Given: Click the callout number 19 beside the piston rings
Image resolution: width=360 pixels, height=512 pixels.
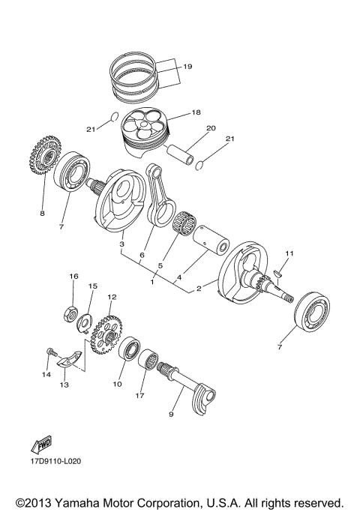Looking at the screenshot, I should click(187, 67).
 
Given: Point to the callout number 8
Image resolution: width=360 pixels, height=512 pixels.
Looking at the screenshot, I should click(42, 214).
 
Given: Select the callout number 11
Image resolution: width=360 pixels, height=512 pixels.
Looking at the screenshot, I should click(289, 253).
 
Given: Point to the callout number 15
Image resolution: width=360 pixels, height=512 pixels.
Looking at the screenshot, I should click(94, 286).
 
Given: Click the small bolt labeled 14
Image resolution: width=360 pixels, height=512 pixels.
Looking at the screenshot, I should click(50, 352).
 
